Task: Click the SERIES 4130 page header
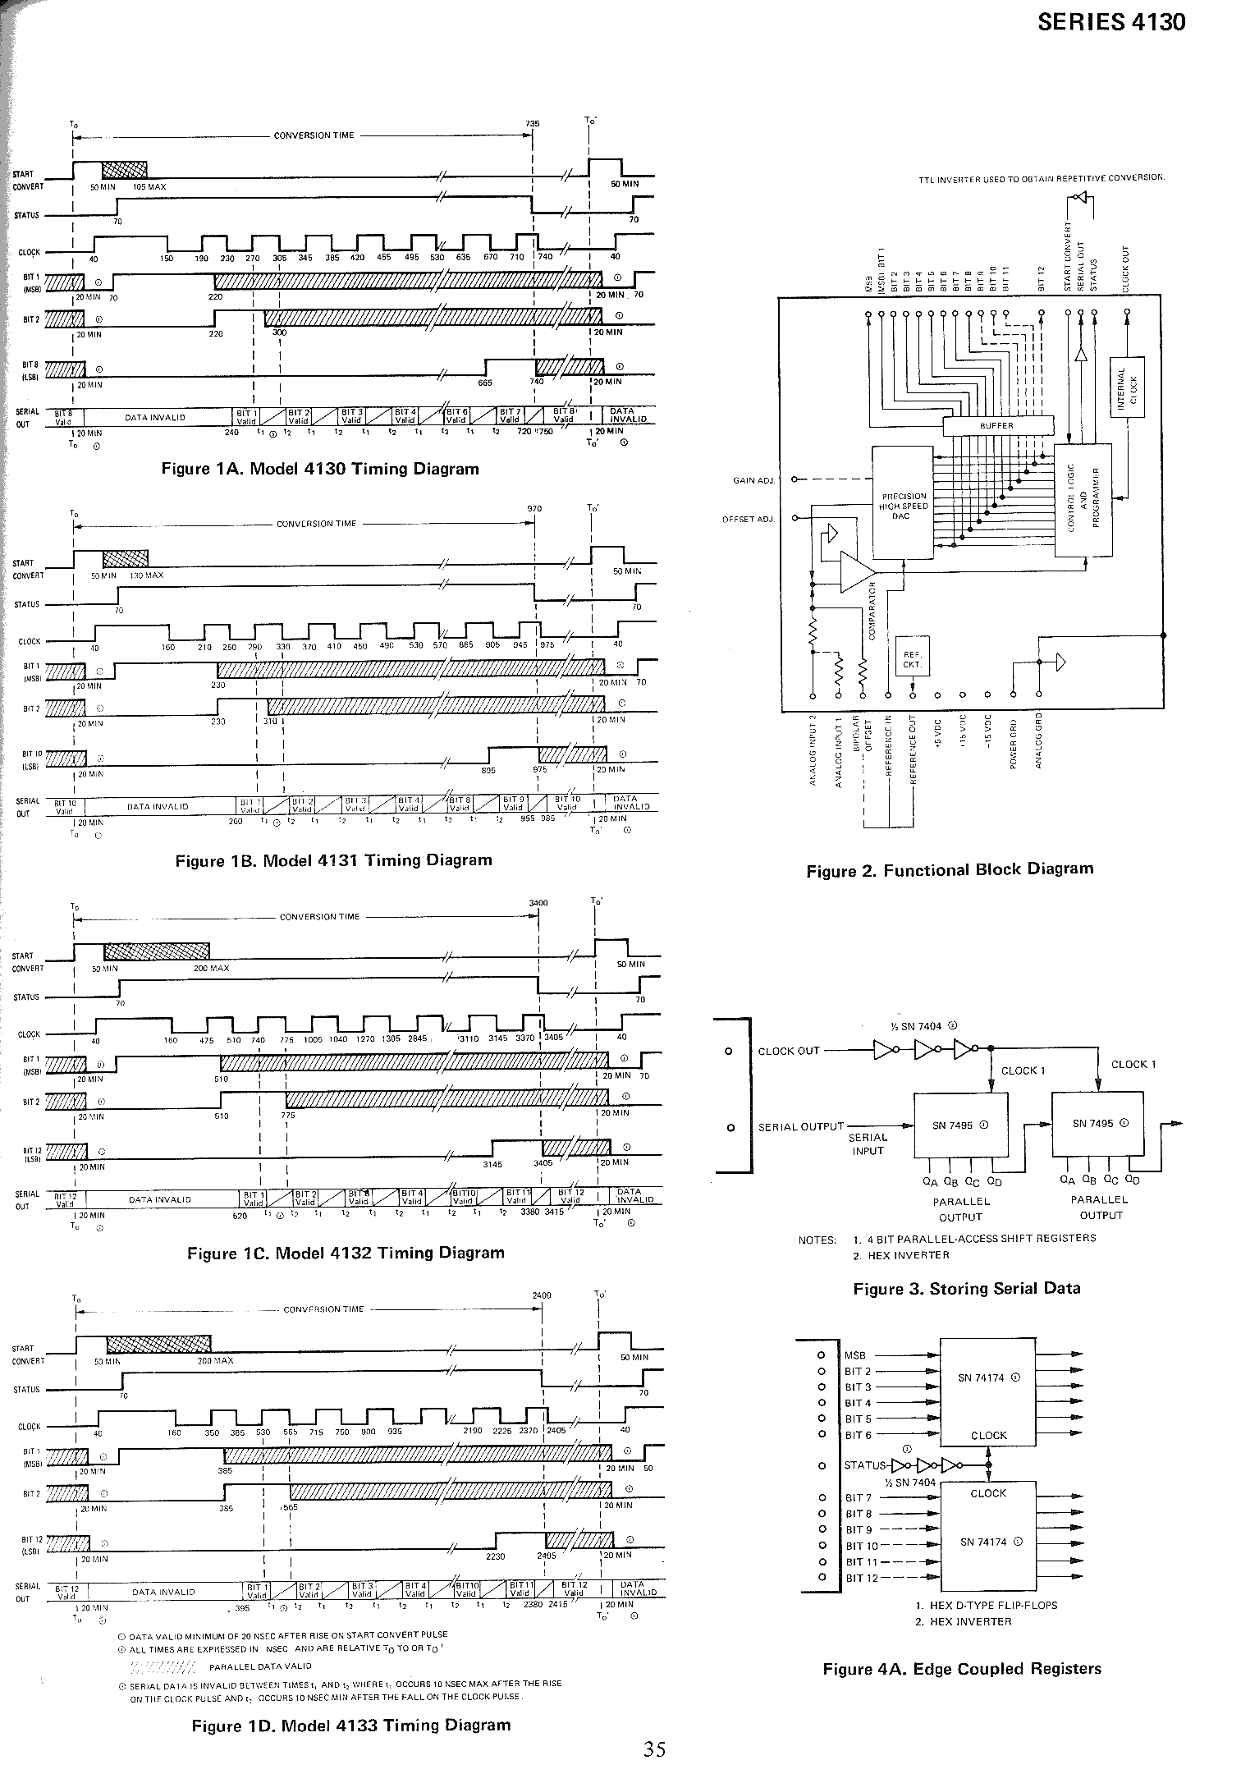1111,22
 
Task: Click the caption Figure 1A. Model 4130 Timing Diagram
320,469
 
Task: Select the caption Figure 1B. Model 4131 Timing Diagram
333,860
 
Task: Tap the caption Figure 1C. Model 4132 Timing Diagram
346,1253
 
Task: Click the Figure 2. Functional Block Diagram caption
950,869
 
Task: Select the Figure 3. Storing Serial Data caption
967,1288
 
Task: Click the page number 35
654,1749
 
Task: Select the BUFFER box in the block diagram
997,426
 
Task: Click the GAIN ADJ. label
753,479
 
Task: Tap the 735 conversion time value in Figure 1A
533,124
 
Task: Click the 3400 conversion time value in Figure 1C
538,903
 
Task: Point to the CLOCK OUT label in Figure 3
789,1051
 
